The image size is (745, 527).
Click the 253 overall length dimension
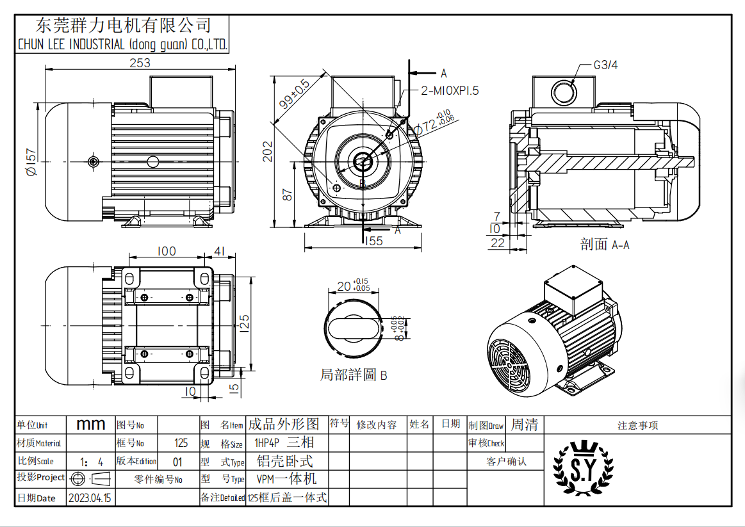pos(140,63)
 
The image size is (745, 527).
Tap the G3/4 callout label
pos(605,65)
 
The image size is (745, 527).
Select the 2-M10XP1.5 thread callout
pos(450,90)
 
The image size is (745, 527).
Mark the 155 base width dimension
pos(373,241)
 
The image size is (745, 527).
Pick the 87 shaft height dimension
pos(288,195)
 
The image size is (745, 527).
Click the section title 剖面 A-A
pos(605,245)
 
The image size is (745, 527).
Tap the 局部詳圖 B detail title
pos(354,375)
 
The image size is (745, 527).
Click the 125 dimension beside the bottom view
pos(243,321)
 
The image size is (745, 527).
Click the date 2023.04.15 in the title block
pos(90,498)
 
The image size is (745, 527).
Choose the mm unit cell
pos(90,425)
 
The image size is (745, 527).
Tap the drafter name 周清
pos(524,425)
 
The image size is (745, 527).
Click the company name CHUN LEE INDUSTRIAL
pos(122,45)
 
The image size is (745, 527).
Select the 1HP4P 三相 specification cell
pos(284,442)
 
